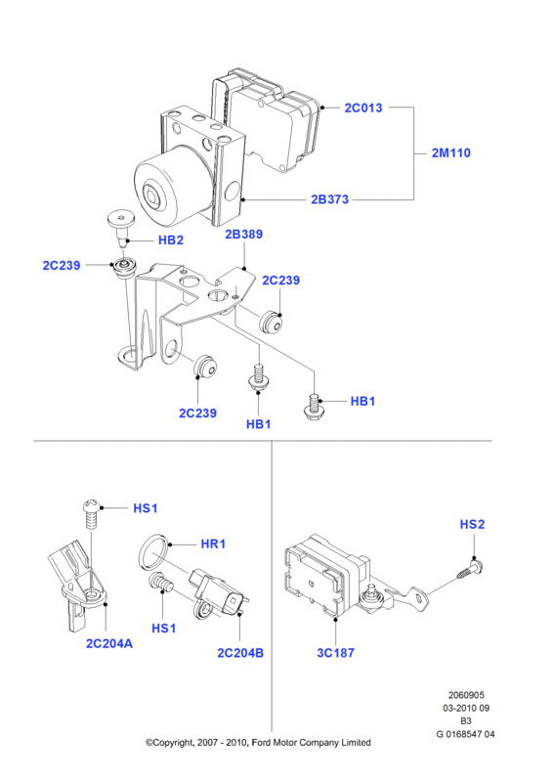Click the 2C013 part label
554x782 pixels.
363,108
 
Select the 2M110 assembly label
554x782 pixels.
451,153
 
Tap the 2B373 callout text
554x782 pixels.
329,199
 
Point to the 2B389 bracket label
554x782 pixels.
244,234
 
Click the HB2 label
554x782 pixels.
171,239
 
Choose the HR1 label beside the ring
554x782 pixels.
213,543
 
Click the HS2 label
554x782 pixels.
472,524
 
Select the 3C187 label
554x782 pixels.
335,653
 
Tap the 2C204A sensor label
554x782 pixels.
109,643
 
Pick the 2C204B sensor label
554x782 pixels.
240,653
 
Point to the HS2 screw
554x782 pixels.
470,570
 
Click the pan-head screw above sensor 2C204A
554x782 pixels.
92,514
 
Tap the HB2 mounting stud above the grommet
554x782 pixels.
121,227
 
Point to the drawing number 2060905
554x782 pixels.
466,695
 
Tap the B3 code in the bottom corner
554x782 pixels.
466,720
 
